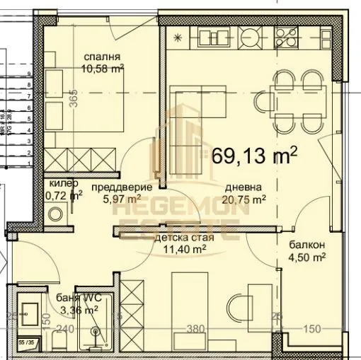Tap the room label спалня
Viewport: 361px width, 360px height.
[x=101, y=57]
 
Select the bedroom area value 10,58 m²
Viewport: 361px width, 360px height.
[x=103, y=69]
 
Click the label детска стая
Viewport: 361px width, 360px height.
[x=180, y=238]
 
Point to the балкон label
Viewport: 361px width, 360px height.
[x=306, y=245]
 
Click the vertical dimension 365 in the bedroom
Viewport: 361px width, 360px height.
[x=74, y=100]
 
